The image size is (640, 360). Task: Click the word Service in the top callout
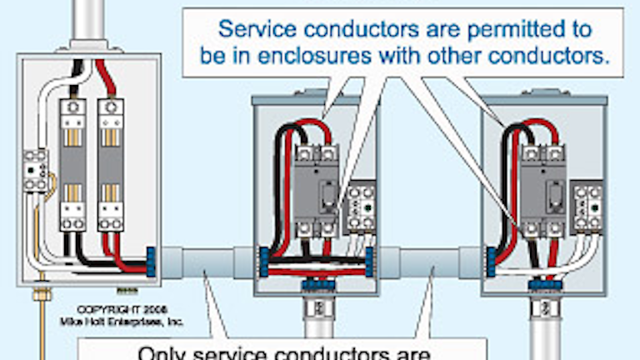255,29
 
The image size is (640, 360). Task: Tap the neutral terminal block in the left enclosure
35,170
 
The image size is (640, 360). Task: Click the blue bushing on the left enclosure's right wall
152,259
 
